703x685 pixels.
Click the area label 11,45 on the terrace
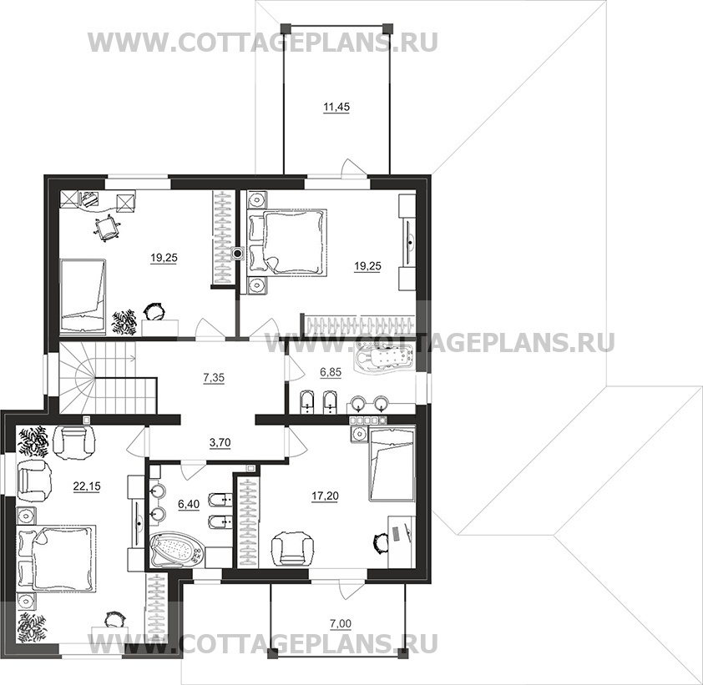click(x=336, y=107)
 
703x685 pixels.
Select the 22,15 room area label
click(x=87, y=486)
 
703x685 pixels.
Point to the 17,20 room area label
click(x=325, y=496)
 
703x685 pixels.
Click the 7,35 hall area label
click(x=214, y=378)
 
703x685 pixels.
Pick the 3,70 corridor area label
click(x=220, y=443)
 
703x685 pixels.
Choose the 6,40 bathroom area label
click(x=189, y=505)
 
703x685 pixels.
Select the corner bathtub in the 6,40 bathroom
click(x=175, y=549)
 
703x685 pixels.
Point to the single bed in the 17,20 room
click(x=392, y=464)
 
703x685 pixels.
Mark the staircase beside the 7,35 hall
click(x=109, y=378)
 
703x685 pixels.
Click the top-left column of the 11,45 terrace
click(x=285, y=28)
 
